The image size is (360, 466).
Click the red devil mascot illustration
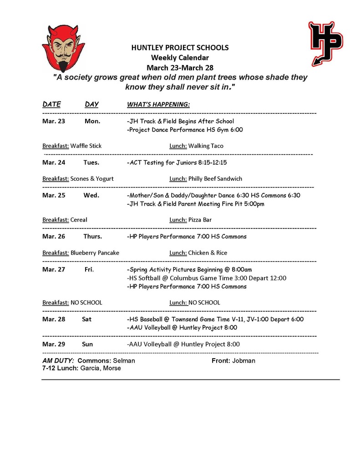tap(63, 48)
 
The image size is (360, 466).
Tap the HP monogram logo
tap(325, 42)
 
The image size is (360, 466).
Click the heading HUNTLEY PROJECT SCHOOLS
tap(180, 47)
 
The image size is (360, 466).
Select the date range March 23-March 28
tap(180, 67)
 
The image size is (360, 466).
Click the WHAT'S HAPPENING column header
tap(158, 105)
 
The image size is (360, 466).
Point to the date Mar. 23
tap(54, 122)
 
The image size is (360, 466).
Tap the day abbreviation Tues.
tap(91, 162)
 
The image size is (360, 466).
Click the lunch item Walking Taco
tap(206, 146)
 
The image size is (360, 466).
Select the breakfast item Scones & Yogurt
tap(92, 179)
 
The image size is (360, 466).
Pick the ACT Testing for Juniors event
tap(177, 162)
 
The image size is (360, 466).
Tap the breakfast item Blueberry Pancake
tap(95, 253)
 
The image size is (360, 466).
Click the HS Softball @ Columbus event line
tap(207, 278)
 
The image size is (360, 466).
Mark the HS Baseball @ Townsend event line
tap(215, 319)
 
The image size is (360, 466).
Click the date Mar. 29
tap(54, 344)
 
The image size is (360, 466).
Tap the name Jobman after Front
tap(243, 361)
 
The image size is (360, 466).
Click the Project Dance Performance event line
tap(185, 130)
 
